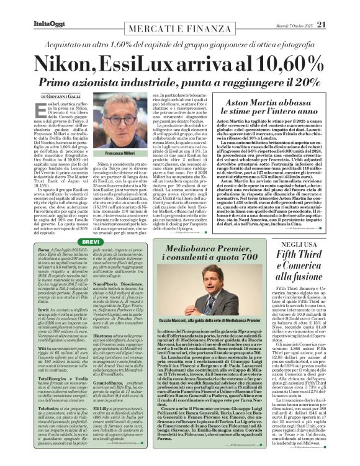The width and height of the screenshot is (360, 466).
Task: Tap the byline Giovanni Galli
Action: point(63,97)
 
